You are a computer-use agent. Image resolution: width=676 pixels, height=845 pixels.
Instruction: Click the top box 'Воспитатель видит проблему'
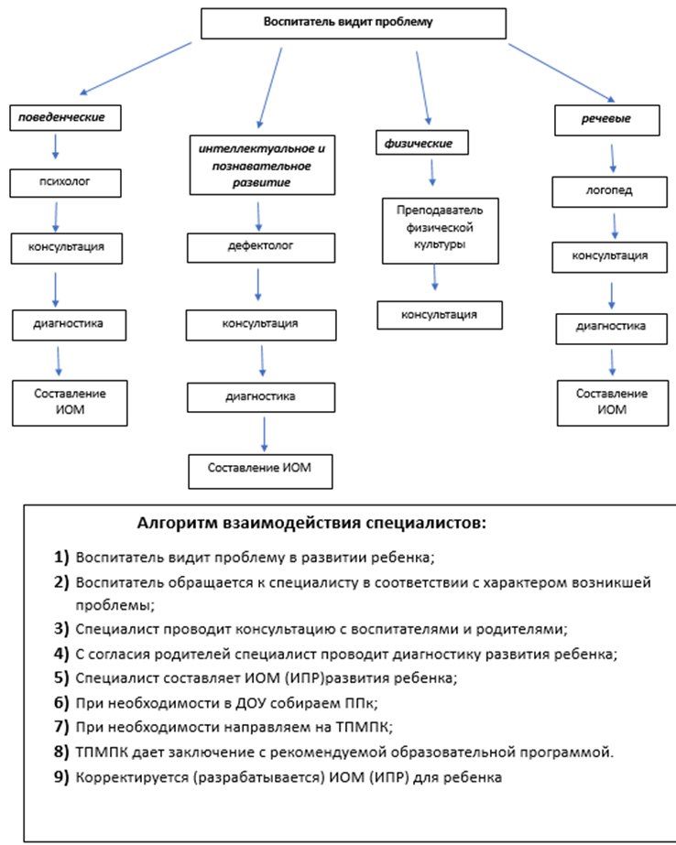[x=353, y=23]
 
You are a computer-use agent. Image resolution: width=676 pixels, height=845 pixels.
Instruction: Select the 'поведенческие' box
[x=65, y=118]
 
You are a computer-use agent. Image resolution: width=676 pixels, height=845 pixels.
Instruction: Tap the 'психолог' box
[x=65, y=183]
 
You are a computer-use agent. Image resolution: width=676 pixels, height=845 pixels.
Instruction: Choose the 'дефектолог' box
[x=261, y=248]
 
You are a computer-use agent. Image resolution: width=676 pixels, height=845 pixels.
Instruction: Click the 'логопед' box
[x=609, y=192]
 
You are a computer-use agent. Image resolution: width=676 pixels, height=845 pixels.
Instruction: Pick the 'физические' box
[x=422, y=143]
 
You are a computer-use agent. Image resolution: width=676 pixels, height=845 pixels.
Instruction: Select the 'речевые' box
[x=607, y=120]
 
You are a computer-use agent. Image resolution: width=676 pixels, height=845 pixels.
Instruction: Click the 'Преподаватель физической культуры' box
[x=441, y=231]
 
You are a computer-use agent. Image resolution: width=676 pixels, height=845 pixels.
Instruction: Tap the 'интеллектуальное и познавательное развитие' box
[x=262, y=165]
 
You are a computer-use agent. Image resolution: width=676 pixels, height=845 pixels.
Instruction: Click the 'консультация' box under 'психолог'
[x=66, y=248]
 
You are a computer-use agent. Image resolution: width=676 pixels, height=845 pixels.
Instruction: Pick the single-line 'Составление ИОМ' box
[x=260, y=471]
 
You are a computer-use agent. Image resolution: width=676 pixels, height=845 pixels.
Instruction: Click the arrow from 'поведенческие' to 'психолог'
[x=55, y=146]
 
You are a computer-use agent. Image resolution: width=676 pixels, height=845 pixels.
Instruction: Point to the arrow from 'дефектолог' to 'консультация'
[x=258, y=285]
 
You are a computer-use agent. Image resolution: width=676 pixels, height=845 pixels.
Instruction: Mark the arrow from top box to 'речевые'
[x=562, y=72]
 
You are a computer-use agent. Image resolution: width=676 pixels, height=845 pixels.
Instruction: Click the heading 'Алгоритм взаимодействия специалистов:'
[x=311, y=523]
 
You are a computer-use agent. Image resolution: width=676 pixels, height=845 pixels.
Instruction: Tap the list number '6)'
[x=61, y=702]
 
